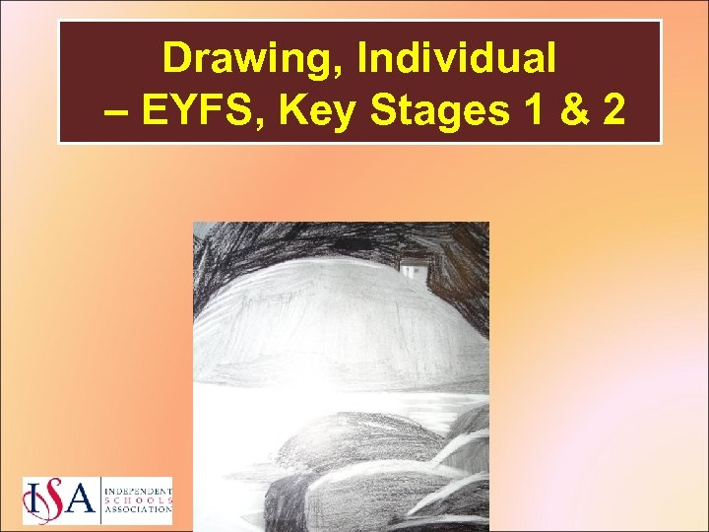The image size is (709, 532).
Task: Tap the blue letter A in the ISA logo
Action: click(81, 502)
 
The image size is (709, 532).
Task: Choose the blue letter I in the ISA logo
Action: click(32, 502)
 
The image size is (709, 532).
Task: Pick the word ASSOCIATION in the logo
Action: click(137, 509)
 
